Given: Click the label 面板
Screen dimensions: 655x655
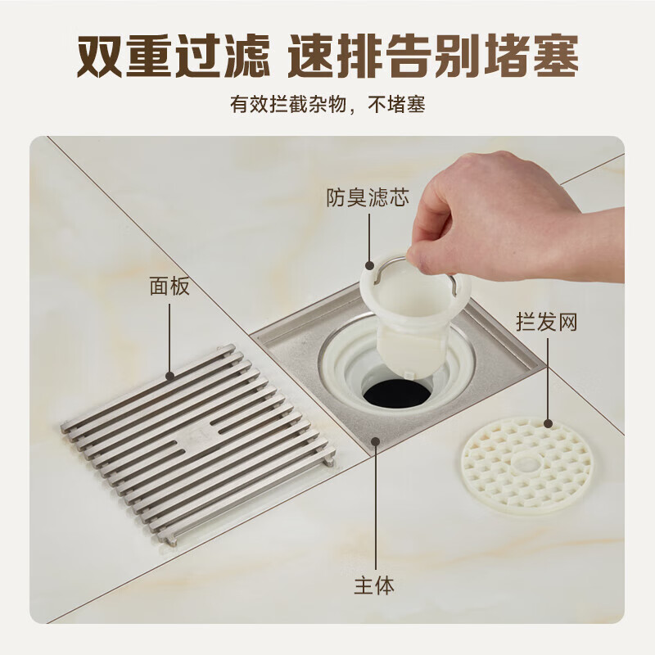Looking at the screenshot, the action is pyautogui.click(x=169, y=287).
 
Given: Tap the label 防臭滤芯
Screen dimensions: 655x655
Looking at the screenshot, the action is pyautogui.click(x=368, y=197).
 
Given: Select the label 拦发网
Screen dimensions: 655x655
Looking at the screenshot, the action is pyautogui.click(x=547, y=322).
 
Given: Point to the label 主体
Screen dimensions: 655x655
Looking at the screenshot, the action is pyautogui.click(x=374, y=585).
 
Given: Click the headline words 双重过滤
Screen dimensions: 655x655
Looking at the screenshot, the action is pyautogui.click(x=174, y=56).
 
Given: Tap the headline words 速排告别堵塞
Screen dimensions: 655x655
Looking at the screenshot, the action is pyautogui.click(x=434, y=56).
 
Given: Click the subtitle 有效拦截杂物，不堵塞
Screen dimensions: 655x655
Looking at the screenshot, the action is pyautogui.click(x=327, y=105).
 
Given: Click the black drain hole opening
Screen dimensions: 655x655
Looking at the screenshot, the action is pyautogui.click(x=396, y=393).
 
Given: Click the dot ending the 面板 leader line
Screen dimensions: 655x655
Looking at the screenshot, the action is pyautogui.click(x=169, y=376).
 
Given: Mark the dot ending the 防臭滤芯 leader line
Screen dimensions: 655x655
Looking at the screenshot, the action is pyautogui.click(x=369, y=264).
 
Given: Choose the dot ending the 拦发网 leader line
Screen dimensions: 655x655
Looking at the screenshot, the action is pyautogui.click(x=548, y=424).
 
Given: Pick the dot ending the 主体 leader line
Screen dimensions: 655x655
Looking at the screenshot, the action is pyautogui.click(x=376, y=441).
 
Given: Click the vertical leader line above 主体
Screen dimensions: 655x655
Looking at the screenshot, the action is pyautogui.click(x=376, y=505).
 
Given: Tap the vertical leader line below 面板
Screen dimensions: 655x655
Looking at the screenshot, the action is pyautogui.click(x=169, y=340).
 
